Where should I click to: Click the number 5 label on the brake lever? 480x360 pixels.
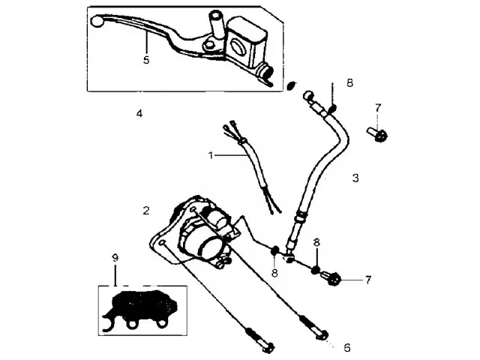[146, 59]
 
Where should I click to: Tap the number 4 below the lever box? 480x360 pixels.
[139, 113]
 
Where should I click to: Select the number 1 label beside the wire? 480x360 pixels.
[211, 155]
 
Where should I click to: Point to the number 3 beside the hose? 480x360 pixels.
[355, 178]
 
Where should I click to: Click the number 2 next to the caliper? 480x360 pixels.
[147, 211]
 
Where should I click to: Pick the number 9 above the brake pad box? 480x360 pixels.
[115, 258]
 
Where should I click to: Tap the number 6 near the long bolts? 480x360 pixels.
[346, 347]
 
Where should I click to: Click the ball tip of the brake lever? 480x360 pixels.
[96, 22]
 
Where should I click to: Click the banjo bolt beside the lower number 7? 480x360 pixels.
[331, 278]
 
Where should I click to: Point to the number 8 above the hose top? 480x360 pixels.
[349, 82]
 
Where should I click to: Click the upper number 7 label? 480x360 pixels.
[378, 107]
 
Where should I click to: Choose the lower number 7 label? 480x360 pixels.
[368, 280]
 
